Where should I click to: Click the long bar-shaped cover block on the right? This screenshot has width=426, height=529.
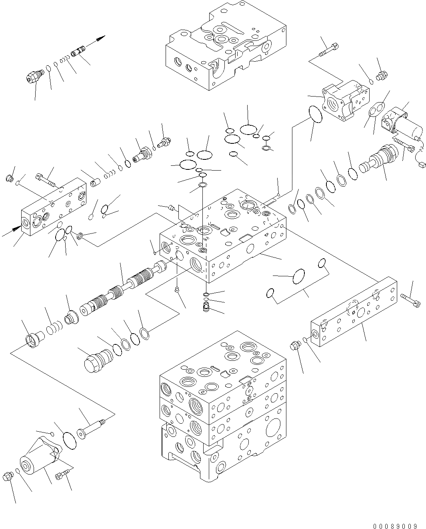[354, 310]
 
